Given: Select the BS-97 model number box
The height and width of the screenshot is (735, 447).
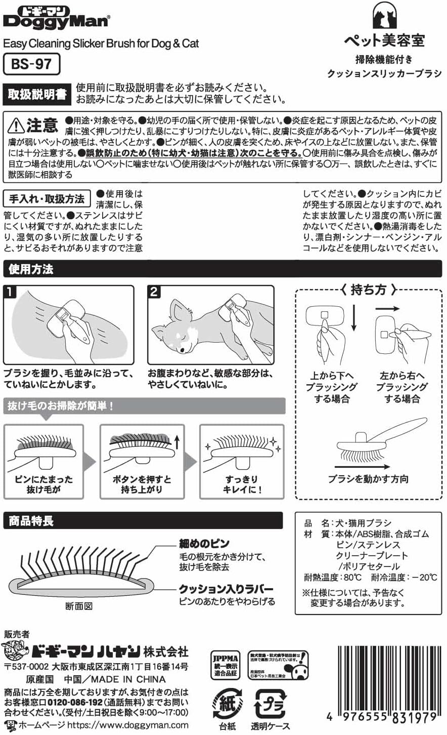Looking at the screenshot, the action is pos(31,64).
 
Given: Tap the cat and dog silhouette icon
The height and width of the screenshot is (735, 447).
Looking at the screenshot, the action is pos(384,16).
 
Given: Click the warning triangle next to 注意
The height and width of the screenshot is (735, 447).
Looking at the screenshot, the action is pos(16,125).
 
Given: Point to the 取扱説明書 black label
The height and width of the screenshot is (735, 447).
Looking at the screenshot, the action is pos(37,95).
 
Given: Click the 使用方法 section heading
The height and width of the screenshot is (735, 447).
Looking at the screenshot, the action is pos(31,269).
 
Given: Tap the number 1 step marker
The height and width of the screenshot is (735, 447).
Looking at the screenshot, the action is pos(11,293).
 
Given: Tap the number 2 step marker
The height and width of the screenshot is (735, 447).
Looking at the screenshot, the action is pos(155,293).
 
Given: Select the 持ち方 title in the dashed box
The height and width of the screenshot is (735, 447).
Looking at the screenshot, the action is pos(368,290).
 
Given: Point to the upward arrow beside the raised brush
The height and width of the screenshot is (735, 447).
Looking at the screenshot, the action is pos(177,443).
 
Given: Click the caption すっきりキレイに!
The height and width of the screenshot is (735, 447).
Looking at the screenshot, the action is pos(242,484).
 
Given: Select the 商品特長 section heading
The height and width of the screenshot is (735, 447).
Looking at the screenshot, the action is pos(31,521).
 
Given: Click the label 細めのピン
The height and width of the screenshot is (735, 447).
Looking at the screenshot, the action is pos(204,544).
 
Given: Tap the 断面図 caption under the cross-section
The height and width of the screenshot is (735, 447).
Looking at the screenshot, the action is pos(79,606).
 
